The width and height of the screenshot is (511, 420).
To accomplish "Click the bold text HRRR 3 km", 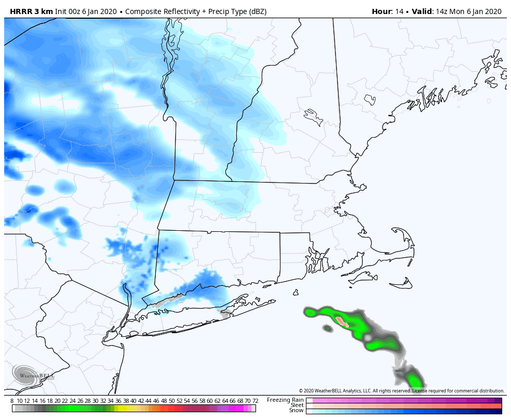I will [x=31, y=11].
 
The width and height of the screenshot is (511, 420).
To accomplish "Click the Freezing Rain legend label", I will [x=285, y=400].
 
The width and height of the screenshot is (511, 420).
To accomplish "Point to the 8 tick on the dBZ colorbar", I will [x=12, y=401].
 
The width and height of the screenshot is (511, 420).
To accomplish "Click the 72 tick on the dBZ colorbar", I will [x=255, y=401].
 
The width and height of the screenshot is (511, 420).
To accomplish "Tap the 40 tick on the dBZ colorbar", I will [x=133, y=401].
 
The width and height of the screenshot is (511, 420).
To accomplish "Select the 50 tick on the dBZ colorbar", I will [x=171, y=401].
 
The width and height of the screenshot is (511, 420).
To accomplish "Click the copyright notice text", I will [x=401, y=391].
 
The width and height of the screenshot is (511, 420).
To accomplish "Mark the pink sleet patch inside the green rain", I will [x=342, y=321].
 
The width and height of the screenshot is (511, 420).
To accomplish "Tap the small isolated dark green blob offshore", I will [x=328, y=329].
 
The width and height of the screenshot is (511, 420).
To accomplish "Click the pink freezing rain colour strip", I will [x=404, y=400].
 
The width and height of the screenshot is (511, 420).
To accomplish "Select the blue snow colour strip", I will [x=404, y=411].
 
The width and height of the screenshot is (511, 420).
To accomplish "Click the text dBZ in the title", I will [x=258, y=11].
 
